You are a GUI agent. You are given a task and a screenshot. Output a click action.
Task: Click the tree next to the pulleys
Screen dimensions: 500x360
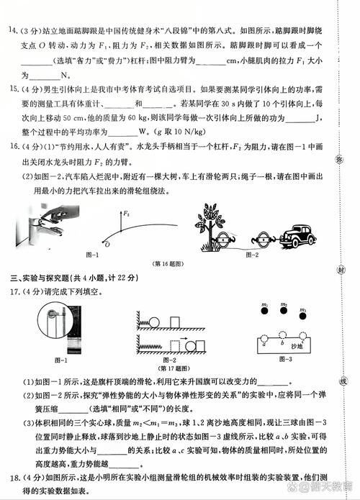210,220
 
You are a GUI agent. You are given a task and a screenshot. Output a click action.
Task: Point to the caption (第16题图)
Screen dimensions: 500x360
168,263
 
